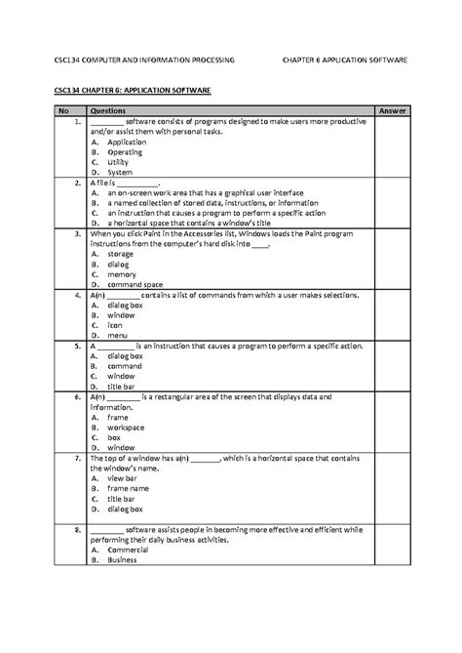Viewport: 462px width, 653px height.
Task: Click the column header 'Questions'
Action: click(x=107, y=111)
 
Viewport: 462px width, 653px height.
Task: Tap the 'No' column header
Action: click(x=65, y=111)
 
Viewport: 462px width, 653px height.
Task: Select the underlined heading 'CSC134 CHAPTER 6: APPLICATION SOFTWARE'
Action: click(x=132, y=89)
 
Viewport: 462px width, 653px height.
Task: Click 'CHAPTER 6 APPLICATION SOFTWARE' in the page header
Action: click(x=344, y=61)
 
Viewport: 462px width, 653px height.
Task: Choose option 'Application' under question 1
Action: click(x=126, y=142)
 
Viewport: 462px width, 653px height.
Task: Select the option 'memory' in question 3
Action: click(x=122, y=273)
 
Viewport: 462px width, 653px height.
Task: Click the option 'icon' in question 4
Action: click(x=115, y=325)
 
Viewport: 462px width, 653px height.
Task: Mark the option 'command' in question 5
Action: click(x=125, y=366)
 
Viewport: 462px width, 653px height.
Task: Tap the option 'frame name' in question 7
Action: click(x=128, y=488)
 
